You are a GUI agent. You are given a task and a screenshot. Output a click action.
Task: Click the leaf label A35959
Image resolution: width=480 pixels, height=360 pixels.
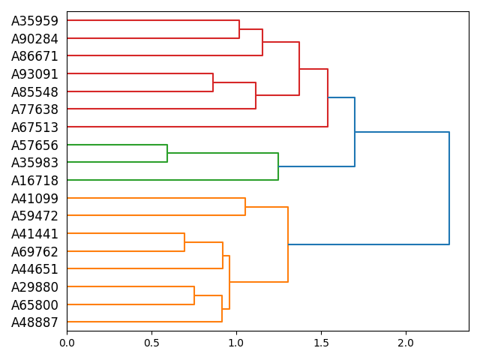tap(34, 21)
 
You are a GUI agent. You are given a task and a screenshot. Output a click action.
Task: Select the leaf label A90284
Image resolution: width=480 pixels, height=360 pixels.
tap(34, 38)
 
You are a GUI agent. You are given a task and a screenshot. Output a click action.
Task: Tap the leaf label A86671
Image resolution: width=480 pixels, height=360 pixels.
tap(34, 56)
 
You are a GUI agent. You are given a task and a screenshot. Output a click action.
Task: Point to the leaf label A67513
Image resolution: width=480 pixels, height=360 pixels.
tap(34, 127)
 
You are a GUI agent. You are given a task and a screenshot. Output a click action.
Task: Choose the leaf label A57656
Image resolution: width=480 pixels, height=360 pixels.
tap(34, 145)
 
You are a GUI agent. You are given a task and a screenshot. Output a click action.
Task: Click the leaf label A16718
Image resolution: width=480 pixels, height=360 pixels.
tap(34, 181)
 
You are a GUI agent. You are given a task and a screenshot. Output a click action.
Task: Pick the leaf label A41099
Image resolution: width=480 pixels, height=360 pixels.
tap(34, 199)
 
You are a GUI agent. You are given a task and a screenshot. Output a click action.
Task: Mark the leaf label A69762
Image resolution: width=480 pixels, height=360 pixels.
tap(34, 252)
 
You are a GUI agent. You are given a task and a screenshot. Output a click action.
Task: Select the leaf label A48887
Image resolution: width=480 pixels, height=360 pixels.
tap(34, 322)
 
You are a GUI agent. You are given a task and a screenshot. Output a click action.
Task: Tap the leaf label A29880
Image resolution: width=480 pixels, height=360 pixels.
tap(34, 287)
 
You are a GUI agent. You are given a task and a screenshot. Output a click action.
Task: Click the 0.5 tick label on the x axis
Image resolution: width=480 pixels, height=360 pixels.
tap(151, 343)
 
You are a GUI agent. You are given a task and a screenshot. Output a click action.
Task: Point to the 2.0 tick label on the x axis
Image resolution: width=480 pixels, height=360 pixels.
tap(406, 343)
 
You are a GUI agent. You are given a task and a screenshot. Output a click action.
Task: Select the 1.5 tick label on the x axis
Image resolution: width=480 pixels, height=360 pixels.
tap(321, 343)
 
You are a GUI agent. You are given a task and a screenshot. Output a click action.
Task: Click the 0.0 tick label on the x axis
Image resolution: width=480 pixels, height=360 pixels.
tap(67, 343)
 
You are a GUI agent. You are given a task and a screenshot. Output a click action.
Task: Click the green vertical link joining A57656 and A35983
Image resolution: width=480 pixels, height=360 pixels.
tap(167, 153)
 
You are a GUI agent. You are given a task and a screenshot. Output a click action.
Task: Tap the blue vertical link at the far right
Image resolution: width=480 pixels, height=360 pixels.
tap(449, 187)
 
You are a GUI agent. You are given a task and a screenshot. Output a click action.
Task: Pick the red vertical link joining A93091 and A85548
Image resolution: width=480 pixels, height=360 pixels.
tap(213, 82)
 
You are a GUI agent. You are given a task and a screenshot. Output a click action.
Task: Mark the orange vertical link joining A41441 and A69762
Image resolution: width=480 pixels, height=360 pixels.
tap(184, 242)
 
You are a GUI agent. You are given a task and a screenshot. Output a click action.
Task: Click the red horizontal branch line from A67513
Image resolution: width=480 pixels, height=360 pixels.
tap(195, 127)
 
